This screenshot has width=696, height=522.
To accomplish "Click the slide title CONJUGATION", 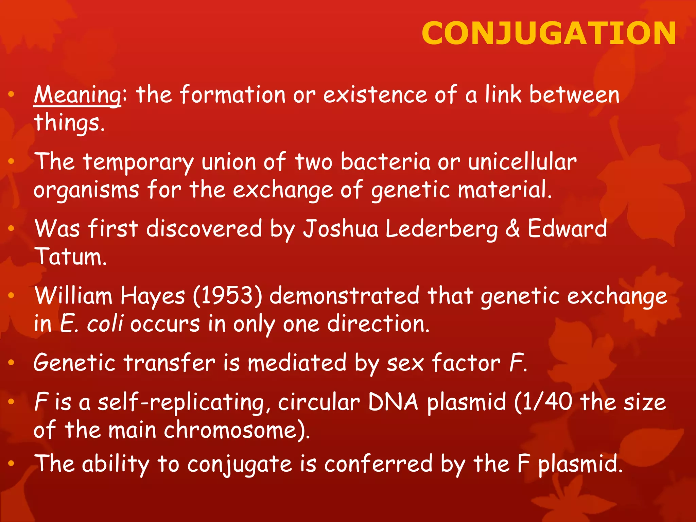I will pos(549,33).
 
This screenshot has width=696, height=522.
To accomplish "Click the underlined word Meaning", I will pos(77,95).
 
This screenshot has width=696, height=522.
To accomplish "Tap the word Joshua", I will pos(340,229).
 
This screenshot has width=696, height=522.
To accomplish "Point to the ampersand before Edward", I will pos(512,229).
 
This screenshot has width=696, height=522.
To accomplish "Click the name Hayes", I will pos(153,295).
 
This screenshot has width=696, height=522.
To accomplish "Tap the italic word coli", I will pos(105,324).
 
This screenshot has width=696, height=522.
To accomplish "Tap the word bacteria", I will pos(385,162).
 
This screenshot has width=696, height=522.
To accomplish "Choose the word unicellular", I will pos(522,162).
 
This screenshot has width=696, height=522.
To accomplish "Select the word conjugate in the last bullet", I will pos(240,464).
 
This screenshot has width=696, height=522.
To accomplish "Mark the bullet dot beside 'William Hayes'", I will pos(11,295).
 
